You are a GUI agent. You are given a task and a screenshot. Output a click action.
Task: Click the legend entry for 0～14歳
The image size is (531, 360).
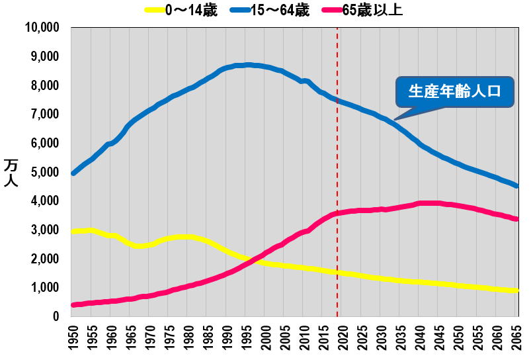181,10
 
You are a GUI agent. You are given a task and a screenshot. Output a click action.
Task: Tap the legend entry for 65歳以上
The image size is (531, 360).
363,10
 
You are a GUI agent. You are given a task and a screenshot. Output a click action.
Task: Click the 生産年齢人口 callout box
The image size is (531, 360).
454,91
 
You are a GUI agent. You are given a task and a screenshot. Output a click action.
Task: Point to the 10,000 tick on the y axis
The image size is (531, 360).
41,28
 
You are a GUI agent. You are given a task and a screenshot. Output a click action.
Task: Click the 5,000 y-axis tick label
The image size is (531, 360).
44,172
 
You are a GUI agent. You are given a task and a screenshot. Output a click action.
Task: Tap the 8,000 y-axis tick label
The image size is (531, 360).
44,85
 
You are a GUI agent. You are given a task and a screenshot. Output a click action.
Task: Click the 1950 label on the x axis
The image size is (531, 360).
73,339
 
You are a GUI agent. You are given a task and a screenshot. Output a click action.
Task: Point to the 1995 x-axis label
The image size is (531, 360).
247,339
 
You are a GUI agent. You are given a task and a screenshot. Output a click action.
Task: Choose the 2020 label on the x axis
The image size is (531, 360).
343,339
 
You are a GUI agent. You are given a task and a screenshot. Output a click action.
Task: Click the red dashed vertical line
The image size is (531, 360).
337,199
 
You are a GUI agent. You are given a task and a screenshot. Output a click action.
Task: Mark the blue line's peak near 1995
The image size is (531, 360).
247,65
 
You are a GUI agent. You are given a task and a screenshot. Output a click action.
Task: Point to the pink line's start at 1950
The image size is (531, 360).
73,305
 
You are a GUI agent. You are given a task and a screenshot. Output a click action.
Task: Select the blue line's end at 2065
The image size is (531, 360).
517,186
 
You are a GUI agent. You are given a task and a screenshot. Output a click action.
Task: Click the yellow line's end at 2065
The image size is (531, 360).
517,291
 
